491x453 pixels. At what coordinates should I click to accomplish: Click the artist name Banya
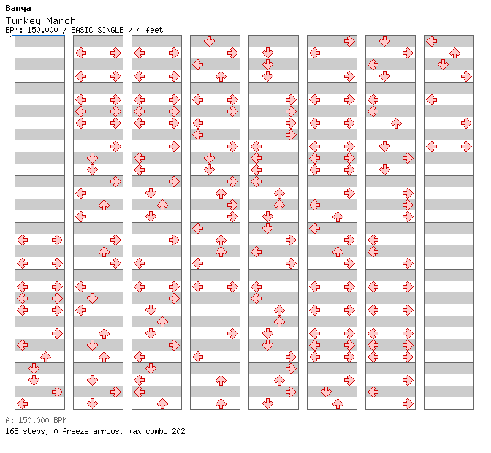[x=18, y=9]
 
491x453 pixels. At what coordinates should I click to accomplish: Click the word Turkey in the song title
[x=23, y=21]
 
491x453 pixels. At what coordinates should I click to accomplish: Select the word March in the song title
[x=61, y=20]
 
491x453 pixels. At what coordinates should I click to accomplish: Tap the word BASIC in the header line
[x=82, y=30]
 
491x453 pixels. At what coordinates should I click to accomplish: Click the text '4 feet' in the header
[x=150, y=30]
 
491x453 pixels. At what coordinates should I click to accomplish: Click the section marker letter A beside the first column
[x=10, y=39]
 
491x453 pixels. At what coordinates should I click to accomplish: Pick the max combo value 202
[x=178, y=431]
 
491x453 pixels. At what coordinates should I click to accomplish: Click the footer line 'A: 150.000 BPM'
[x=36, y=420]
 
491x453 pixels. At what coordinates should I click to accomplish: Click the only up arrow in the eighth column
[x=454, y=53]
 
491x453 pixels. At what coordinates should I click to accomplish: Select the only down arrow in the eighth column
[x=443, y=64]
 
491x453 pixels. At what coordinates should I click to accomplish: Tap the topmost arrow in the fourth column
[x=209, y=41]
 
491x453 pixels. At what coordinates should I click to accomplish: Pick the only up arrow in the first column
[x=46, y=357]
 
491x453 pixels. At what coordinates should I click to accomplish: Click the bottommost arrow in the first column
[x=22, y=403]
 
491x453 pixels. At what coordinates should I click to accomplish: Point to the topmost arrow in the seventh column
[x=384, y=41]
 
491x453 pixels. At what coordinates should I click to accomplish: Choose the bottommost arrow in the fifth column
[x=267, y=403]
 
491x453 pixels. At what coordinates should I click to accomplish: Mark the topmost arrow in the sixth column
[x=349, y=41]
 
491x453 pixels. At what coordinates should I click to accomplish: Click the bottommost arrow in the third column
[x=162, y=403]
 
